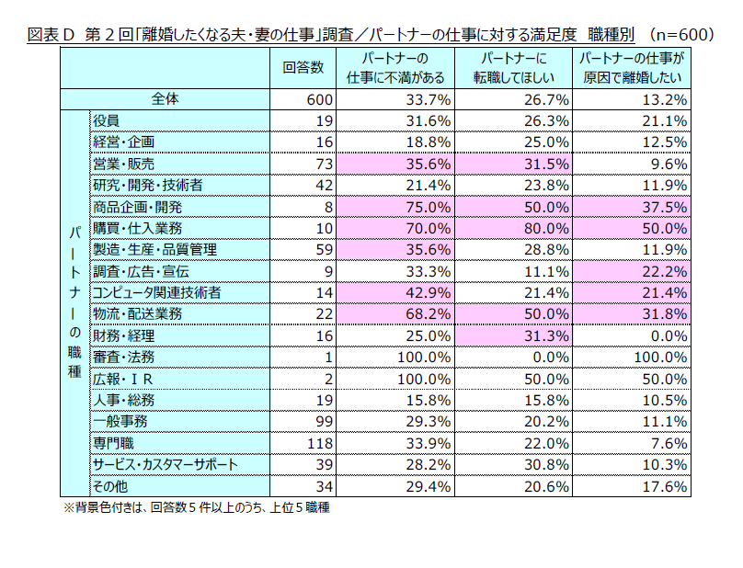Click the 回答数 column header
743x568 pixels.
click(x=303, y=67)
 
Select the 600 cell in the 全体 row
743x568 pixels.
click(x=313, y=99)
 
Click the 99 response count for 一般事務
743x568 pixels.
click(x=317, y=421)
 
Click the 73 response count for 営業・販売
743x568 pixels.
click(x=317, y=164)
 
